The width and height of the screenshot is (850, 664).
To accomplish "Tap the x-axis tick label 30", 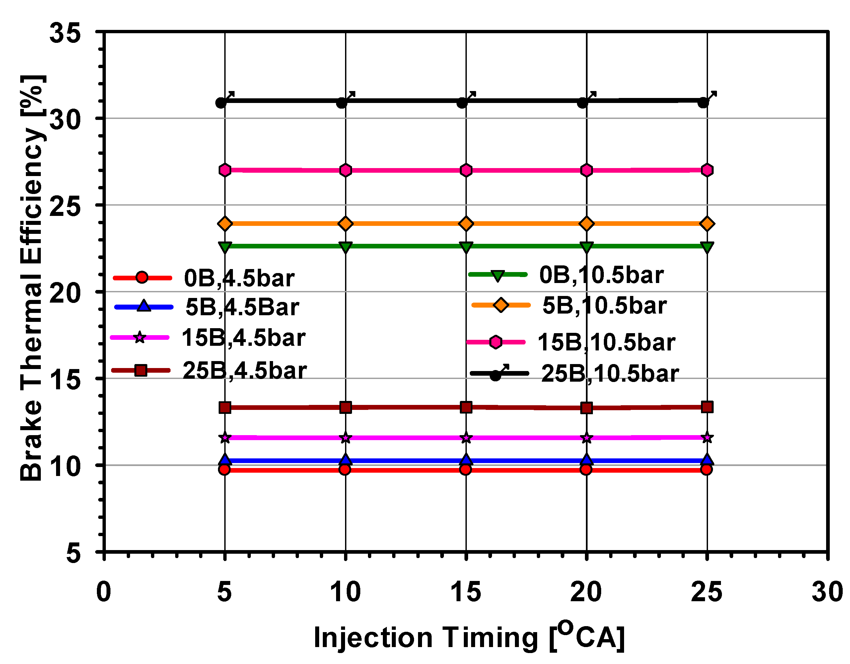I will [x=827, y=592].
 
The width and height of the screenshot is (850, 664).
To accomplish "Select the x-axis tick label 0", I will [x=104, y=592].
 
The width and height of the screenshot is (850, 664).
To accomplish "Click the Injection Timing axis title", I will [x=469, y=637].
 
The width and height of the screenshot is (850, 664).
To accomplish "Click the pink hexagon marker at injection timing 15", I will [x=466, y=170].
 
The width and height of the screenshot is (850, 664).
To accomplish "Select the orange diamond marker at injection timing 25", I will [x=707, y=224].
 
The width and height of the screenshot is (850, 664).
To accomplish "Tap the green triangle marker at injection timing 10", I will [x=346, y=247].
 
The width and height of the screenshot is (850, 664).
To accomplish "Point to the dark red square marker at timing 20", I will [x=587, y=408].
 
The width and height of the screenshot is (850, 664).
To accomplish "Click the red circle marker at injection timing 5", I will [x=224, y=470].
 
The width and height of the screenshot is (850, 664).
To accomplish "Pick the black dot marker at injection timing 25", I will [x=703, y=103].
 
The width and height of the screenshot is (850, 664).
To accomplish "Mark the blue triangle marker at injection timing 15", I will [x=466, y=460].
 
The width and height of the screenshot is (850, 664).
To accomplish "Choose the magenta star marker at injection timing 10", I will [x=346, y=438].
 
